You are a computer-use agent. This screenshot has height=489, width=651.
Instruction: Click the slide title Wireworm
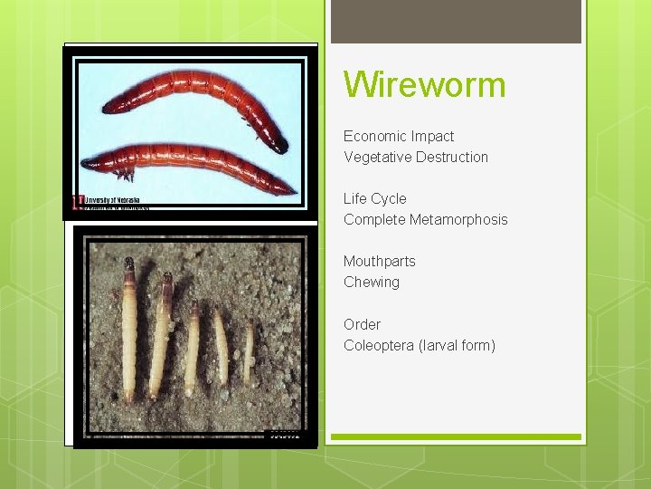coord(424,85)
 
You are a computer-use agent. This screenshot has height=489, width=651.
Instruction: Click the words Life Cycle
coord(374,199)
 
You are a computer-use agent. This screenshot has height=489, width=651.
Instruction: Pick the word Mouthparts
coord(379,262)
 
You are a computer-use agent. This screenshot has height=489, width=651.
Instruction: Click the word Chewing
coord(371,283)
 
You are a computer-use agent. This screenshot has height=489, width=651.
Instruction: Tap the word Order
coord(362,324)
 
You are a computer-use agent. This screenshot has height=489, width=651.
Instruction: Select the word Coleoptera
coord(379,346)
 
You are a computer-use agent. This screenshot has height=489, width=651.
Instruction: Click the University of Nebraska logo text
coord(113,200)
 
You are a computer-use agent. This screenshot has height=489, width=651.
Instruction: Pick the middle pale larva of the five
coord(192,349)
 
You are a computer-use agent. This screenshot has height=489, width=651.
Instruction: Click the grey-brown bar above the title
coord(456,22)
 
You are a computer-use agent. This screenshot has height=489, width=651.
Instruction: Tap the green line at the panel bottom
coord(456,437)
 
